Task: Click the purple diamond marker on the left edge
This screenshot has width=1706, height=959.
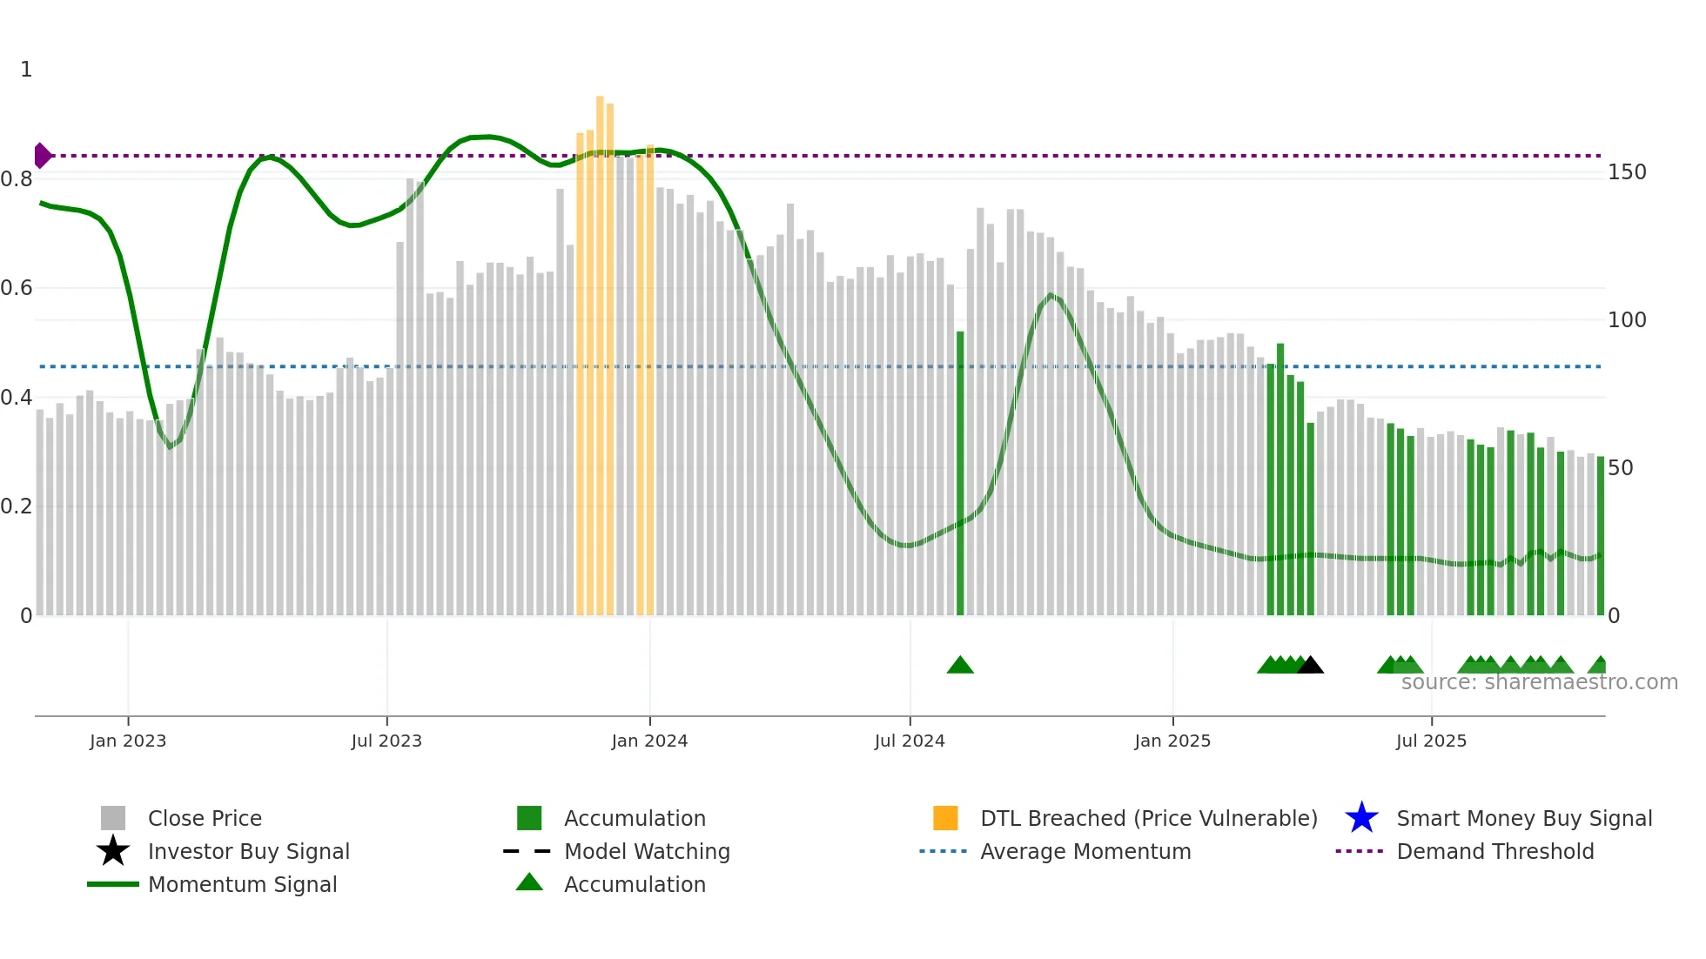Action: [x=42, y=156]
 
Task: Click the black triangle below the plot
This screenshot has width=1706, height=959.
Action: [x=1311, y=666]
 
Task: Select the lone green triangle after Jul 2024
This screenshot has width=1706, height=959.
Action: [x=960, y=666]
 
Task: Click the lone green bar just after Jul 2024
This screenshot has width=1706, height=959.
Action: [x=960, y=474]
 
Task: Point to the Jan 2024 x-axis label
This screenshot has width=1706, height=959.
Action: [x=649, y=741]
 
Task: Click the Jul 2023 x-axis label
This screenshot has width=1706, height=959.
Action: [x=386, y=741]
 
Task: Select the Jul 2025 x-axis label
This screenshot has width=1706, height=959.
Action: [x=1431, y=741]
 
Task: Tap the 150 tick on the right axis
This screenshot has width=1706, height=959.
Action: [x=1627, y=172]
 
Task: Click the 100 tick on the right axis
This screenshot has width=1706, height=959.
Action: [x=1627, y=320]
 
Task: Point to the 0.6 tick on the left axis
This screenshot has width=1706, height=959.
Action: [x=17, y=288]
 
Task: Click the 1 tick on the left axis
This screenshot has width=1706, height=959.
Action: [x=26, y=70]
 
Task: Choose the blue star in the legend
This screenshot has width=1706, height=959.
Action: [x=1361, y=818]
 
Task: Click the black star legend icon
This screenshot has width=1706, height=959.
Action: [x=113, y=851]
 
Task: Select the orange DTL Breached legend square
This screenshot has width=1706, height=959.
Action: [x=945, y=818]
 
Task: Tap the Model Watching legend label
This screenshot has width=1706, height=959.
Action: [x=647, y=851]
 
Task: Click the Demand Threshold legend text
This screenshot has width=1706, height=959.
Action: [x=1494, y=851]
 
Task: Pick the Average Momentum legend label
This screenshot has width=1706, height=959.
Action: [x=1085, y=851]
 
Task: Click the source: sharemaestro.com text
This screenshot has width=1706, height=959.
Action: [x=1539, y=682]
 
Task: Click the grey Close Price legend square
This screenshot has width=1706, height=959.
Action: [x=113, y=818]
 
